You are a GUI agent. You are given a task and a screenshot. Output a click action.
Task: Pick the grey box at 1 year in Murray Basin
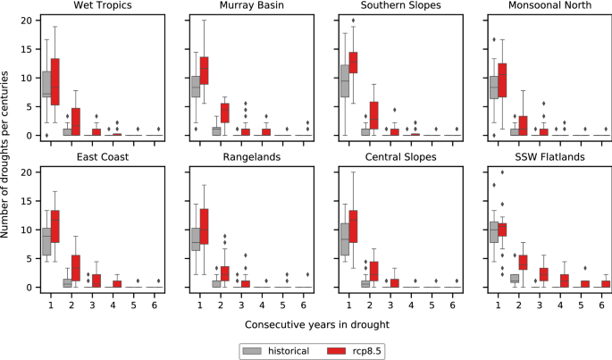195,87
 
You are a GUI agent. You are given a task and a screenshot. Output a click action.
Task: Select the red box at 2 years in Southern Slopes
374,114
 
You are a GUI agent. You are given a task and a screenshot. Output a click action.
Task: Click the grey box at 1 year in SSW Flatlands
492,231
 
